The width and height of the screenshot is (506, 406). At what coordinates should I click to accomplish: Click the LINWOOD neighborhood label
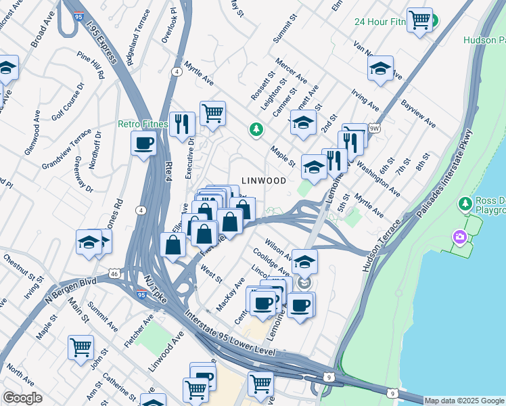tap(263, 181)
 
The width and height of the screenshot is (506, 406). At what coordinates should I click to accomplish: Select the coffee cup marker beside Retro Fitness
tap(144, 143)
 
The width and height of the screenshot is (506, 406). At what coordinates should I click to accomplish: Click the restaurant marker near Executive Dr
tap(182, 124)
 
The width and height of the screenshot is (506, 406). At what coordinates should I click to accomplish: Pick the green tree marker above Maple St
tap(256, 129)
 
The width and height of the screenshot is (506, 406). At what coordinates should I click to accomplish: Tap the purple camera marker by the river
tap(460, 237)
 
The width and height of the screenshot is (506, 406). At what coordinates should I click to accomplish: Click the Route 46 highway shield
tap(114, 273)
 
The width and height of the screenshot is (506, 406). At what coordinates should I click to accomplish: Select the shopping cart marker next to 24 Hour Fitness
tap(419, 20)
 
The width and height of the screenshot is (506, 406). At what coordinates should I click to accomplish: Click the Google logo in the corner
tap(22, 398)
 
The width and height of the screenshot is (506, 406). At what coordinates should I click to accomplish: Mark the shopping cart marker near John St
tap(80, 348)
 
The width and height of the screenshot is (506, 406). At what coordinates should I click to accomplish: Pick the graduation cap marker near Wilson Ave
tap(304, 261)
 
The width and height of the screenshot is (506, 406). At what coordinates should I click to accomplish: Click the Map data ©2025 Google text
tap(464, 401)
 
